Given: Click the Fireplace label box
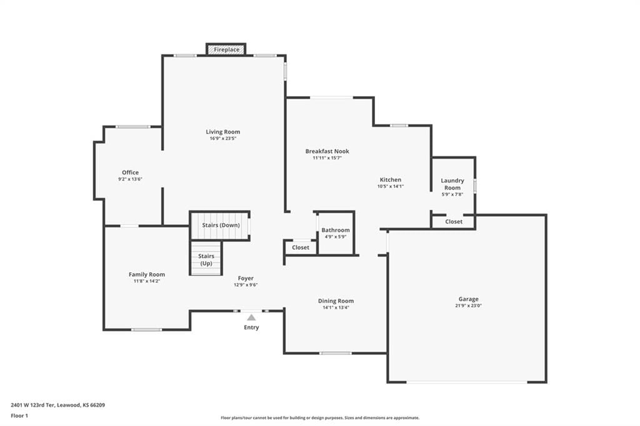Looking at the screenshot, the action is click(x=226, y=49).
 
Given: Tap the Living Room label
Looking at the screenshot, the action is click(x=223, y=132).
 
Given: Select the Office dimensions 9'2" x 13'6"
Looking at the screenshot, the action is click(x=130, y=179).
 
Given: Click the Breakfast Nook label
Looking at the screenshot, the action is click(x=327, y=151).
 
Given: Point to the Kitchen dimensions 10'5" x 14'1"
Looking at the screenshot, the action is click(x=391, y=187).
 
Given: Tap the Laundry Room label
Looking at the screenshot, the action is click(x=452, y=184).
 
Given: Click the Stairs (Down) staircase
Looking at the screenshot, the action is click(x=221, y=225).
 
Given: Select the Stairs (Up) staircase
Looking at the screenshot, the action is click(x=206, y=259).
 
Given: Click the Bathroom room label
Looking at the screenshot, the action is click(x=336, y=230).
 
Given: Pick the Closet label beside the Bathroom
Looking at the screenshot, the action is click(x=301, y=248).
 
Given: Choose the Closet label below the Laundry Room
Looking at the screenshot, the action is click(x=454, y=222).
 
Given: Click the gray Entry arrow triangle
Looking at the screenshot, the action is click(x=251, y=317).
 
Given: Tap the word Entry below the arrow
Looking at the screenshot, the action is click(x=251, y=327).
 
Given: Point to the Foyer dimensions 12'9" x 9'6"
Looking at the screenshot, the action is click(x=246, y=285).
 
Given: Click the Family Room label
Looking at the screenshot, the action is click(x=147, y=275).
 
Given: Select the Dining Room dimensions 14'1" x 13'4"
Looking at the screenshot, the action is click(x=336, y=308).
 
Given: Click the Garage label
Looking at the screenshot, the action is click(x=468, y=299).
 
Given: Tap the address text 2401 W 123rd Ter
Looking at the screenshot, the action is click(x=32, y=405).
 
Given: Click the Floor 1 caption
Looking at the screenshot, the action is click(x=19, y=416).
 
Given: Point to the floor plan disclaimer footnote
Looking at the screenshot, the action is click(x=320, y=418).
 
